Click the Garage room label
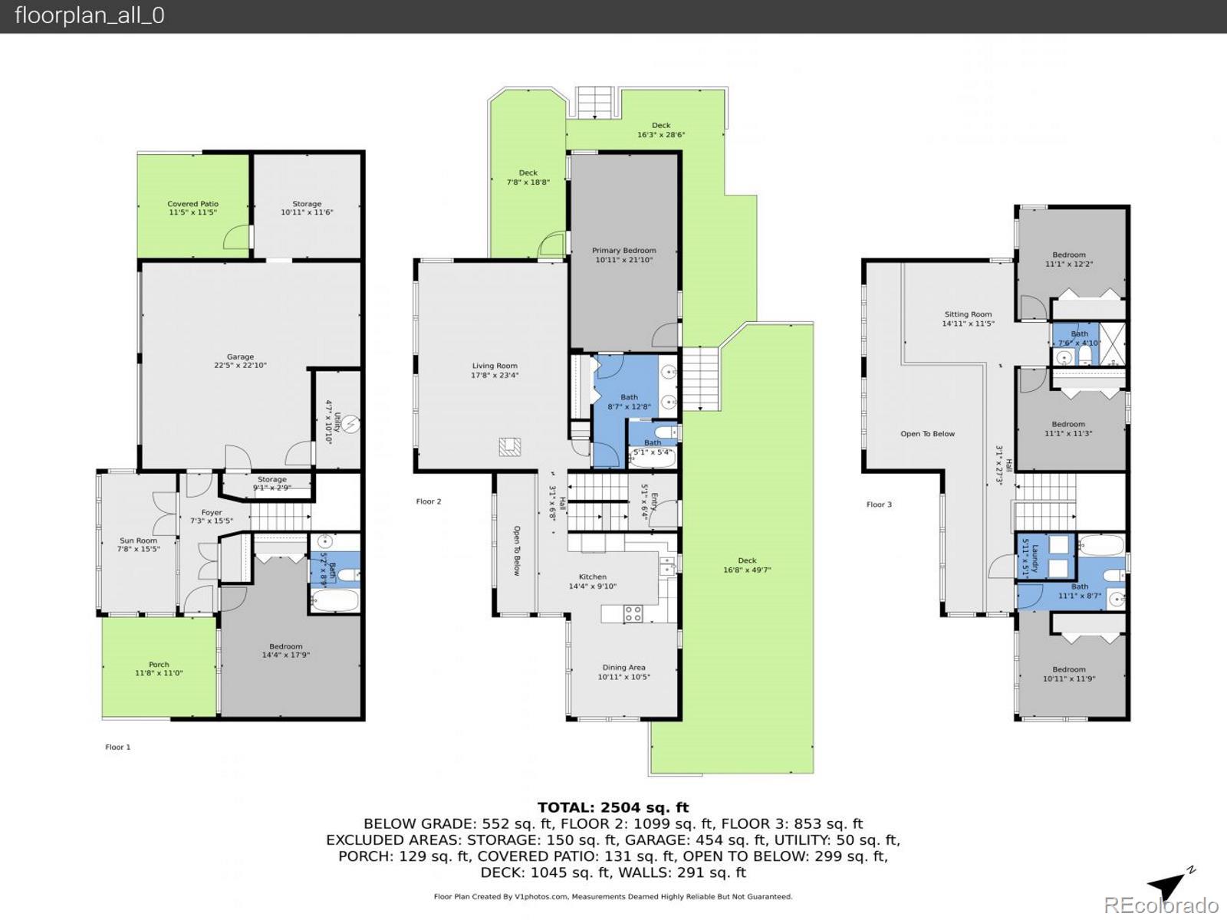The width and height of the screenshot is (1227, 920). pos(240,361)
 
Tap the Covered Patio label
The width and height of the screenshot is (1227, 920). pos(192,208)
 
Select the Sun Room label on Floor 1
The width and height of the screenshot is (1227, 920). pos(138,544)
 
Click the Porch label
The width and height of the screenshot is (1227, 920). pos(159,669)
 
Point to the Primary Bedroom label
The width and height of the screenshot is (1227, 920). pos(623,255)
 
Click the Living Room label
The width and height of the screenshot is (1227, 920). pos(494,370)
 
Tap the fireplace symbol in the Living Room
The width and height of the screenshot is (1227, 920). pos(510,446)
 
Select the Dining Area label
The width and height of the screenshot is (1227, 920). pos(623,672)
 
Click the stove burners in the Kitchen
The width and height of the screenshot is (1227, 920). pos(633,613)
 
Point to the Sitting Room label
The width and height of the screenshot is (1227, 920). pos(968,318)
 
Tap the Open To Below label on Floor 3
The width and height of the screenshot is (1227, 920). pos(927,434)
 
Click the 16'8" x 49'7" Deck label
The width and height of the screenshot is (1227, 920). pos(747,565)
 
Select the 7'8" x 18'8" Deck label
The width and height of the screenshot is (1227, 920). pos(528,177)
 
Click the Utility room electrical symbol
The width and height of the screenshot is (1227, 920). pos(350,422)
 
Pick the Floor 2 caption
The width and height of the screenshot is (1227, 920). pos(429,501)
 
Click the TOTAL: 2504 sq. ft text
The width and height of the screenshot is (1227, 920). pos(613,807)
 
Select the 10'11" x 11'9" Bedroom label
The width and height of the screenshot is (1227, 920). pos(1069,673)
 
